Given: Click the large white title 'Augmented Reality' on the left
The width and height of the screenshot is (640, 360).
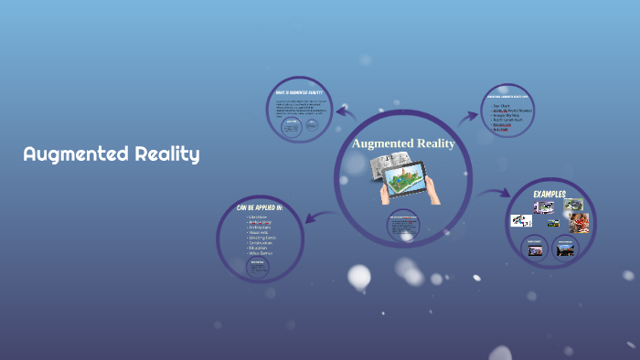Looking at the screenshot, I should (x=112, y=154).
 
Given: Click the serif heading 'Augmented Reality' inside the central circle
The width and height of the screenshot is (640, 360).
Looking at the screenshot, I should (x=403, y=143).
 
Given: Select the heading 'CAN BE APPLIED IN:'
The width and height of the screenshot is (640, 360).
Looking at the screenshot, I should (x=260, y=208).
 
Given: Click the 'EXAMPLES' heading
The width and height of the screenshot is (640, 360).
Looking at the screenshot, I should (x=550, y=194).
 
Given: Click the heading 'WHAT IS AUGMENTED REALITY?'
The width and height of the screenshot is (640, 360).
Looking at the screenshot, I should (x=299, y=92).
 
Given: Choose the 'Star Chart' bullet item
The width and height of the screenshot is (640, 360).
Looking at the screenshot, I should (x=502, y=105).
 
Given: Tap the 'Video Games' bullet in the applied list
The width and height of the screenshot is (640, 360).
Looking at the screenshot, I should (x=259, y=252).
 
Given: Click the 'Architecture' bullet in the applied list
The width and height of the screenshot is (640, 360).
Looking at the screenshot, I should (x=259, y=228).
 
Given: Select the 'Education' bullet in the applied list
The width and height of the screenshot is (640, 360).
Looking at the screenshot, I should (x=256, y=247).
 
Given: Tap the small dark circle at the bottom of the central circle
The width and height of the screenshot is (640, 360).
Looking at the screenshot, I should (x=403, y=227).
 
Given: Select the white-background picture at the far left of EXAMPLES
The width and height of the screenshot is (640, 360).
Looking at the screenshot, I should (x=520, y=220).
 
